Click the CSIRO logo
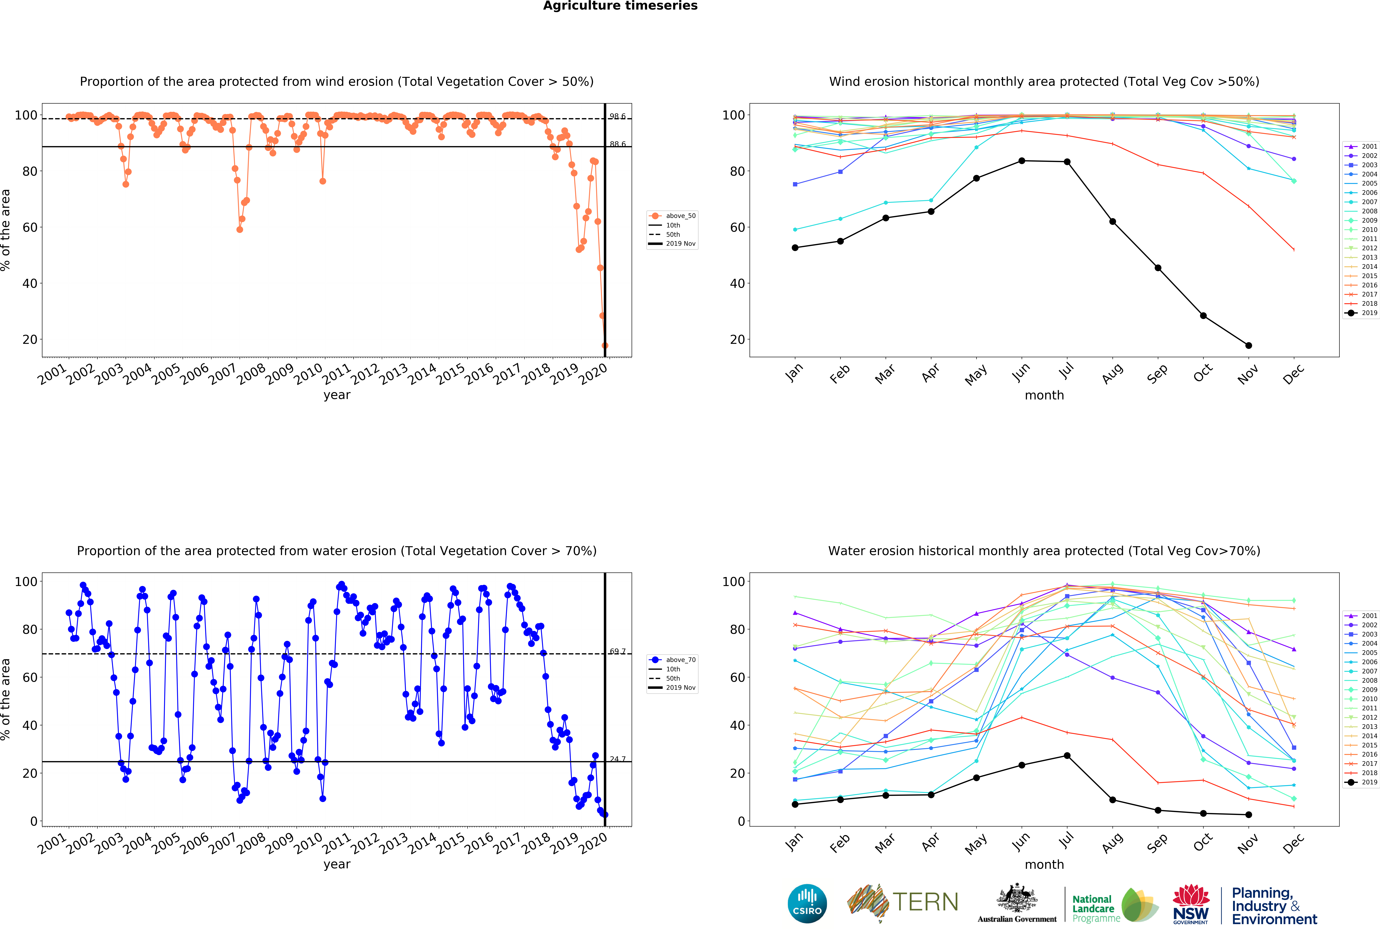(x=807, y=904)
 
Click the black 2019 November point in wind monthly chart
(x=1249, y=345)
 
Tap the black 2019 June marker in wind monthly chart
(x=1022, y=161)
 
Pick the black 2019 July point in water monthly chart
(x=1067, y=756)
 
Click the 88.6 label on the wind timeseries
(x=617, y=144)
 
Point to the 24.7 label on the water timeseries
(x=617, y=759)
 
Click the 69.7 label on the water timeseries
(x=617, y=652)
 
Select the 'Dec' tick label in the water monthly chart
(x=1294, y=843)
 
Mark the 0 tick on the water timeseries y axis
(x=34, y=821)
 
